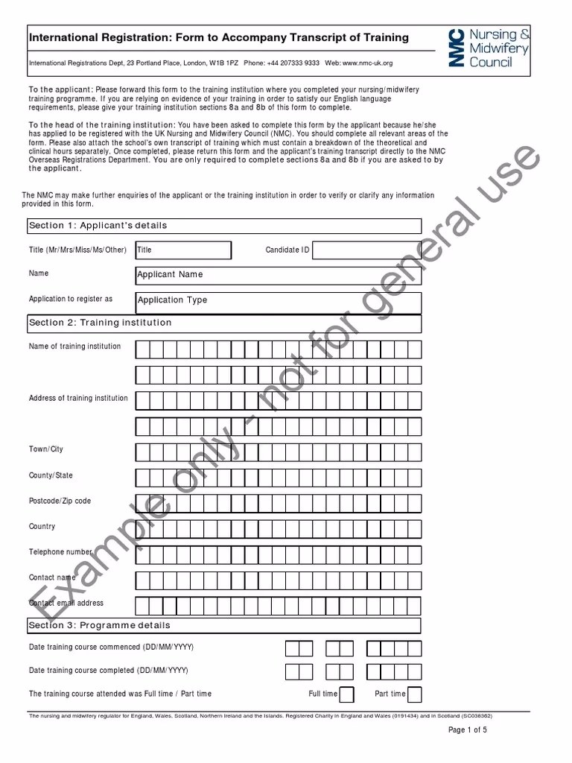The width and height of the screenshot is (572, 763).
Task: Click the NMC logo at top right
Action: (x=489, y=48)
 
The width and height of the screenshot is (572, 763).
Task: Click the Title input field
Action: (x=182, y=250)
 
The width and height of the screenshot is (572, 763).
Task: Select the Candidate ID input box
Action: (x=366, y=250)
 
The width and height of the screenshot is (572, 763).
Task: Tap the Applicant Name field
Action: (x=278, y=275)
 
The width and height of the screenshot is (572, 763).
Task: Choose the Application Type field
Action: (x=278, y=301)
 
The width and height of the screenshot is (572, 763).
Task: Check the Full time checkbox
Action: (x=346, y=694)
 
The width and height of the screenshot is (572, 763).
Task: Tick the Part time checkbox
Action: (x=414, y=694)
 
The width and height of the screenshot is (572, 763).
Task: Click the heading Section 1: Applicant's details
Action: (x=98, y=226)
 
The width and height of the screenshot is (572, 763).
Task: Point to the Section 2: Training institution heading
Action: (x=100, y=323)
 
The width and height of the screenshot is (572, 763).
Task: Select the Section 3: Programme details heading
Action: (x=99, y=625)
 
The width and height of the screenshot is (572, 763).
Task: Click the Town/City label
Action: (x=46, y=449)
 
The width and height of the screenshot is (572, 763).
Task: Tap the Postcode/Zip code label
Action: (x=60, y=501)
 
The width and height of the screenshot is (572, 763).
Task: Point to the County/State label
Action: (x=51, y=475)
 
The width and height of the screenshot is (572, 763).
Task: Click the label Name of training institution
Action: (x=74, y=346)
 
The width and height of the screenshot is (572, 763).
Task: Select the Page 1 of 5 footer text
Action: (x=467, y=730)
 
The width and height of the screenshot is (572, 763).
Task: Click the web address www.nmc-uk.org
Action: (x=367, y=63)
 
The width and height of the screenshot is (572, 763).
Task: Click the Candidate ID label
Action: (x=287, y=250)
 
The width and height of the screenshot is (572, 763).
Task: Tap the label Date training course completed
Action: (x=108, y=671)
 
